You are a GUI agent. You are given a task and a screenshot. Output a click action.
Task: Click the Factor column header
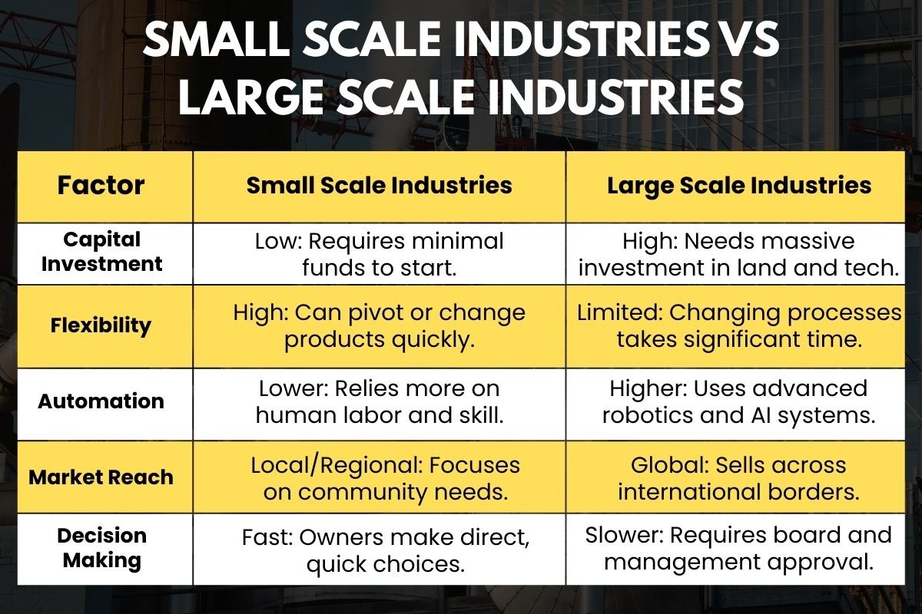click(101, 186)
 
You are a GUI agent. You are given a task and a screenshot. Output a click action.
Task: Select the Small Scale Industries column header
click(379, 186)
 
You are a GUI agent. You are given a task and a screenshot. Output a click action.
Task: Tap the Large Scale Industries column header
click(739, 186)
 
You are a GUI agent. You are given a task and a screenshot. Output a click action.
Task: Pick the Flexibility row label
click(101, 325)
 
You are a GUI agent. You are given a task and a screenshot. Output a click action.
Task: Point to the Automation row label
click(101, 401)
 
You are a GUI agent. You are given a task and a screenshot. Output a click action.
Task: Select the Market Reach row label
click(101, 477)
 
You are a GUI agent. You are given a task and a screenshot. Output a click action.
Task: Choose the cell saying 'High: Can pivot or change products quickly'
click(379, 326)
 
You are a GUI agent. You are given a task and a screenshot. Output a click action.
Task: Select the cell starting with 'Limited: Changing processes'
click(739, 326)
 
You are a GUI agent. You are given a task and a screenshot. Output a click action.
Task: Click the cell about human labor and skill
click(379, 401)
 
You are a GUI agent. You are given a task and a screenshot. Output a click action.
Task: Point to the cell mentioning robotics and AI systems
click(739, 401)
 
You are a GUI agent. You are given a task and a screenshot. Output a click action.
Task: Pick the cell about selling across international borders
click(739, 478)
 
